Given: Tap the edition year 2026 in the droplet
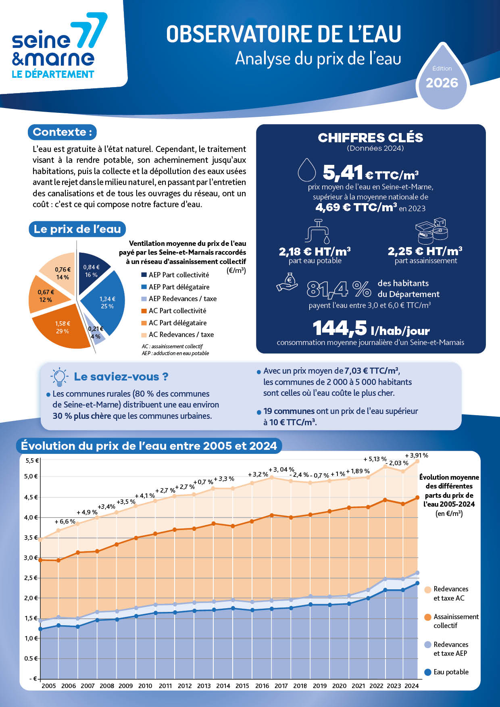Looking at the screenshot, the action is click(442, 83).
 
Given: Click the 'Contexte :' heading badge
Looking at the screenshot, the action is click(62, 132).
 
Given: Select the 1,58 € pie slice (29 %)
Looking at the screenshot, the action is click(60, 326).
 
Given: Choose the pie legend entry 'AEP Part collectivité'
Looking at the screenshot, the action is click(175, 275).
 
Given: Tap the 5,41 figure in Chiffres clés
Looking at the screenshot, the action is click(342, 173).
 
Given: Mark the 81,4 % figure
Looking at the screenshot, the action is click(338, 289).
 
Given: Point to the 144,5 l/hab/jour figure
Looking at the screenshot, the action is click(371, 328).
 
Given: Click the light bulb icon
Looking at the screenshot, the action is click(59, 377).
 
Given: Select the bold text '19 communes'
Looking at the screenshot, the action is click(289, 411).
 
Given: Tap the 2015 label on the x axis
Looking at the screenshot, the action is click(242, 686).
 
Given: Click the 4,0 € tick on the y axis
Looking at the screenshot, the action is click(31, 517).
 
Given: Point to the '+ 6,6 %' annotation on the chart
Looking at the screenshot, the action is click(65, 521).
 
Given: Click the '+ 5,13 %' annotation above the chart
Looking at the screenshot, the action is click(375, 459).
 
